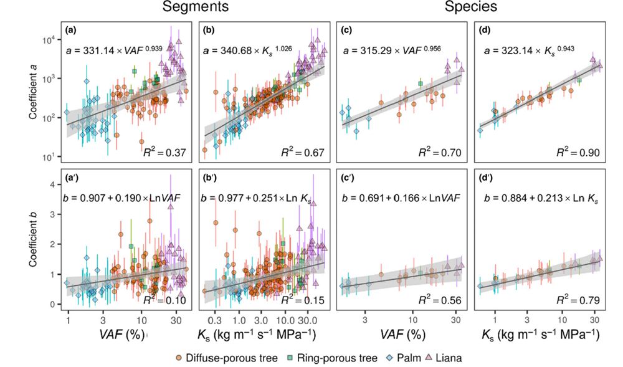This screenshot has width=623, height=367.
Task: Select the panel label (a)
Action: (72, 30)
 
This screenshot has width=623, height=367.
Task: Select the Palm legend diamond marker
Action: (391, 358)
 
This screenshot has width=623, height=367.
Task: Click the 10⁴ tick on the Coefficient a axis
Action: (50, 39)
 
